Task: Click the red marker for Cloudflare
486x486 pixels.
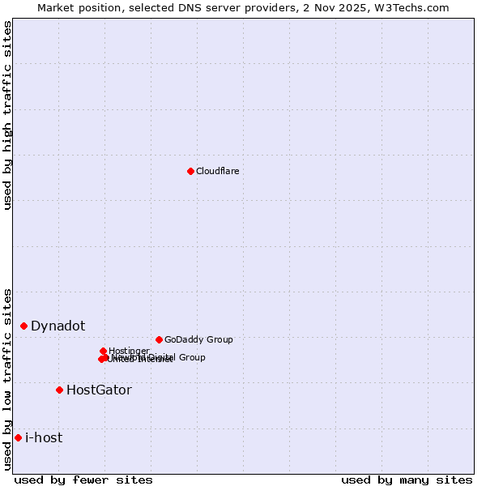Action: coord(190,171)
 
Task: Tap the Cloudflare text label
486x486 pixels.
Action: coord(217,171)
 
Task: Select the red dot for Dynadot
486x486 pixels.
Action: coord(24,326)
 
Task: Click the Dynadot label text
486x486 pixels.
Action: coord(58,326)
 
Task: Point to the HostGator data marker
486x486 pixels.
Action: coord(59,390)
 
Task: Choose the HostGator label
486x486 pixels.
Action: coord(99,390)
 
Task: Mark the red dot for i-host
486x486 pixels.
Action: coord(18,437)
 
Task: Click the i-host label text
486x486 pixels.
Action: coord(44,437)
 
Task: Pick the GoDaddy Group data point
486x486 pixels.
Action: coord(159,339)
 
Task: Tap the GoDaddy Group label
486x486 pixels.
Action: coord(198,339)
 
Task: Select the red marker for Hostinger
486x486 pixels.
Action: coord(103,351)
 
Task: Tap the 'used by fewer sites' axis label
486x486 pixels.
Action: coord(83,480)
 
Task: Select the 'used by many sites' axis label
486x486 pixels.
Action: coord(407,480)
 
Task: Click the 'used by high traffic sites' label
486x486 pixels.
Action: coord(8,115)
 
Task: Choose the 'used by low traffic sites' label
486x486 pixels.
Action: coord(8,379)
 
